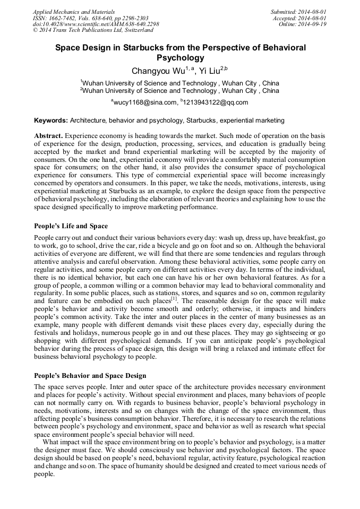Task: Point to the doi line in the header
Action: pos(96,24)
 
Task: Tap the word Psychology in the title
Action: pos(180,57)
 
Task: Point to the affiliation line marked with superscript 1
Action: pos(180,83)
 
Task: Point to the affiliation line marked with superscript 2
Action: pos(180,91)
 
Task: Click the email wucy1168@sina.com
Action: pos(144,102)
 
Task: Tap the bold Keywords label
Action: pos(50,120)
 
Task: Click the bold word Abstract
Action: pos(48,136)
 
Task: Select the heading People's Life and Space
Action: pos(71,226)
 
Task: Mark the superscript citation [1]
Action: pos(174,298)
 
